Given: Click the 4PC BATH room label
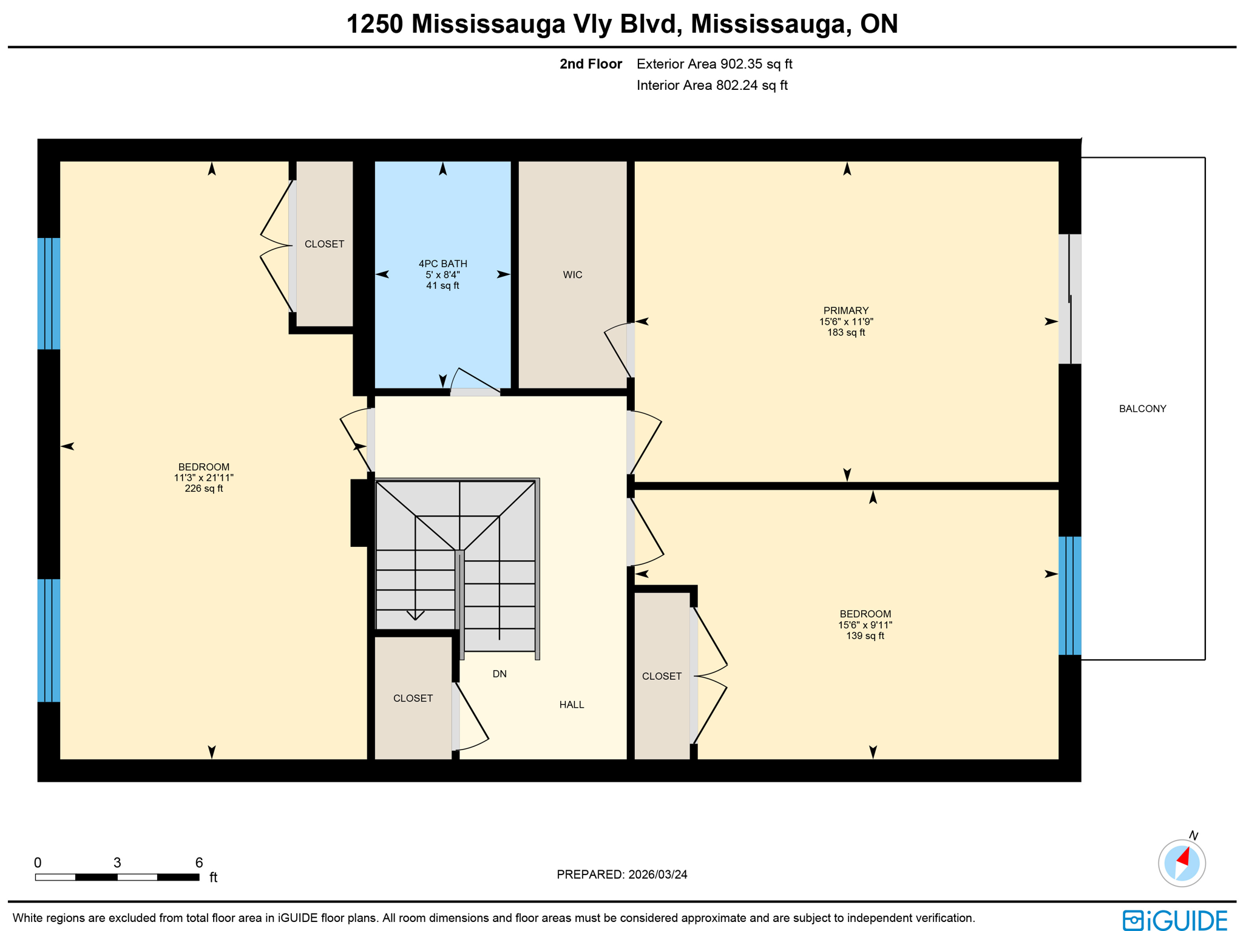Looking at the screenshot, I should tap(442, 263).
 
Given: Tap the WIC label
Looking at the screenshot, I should tap(572, 275).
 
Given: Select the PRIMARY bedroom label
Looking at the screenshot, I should tap(845, 310).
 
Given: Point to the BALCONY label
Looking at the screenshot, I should tap(1142, 408).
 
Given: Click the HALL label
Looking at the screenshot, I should tap(571, 705).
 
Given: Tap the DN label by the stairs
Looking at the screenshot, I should tap(499, 674).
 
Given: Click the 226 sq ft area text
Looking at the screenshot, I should tap(204, 489).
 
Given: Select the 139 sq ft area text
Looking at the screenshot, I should tap(865, 636).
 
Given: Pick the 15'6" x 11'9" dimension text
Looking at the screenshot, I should tap(845, 322).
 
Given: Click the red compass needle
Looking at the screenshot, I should tap(1183, 856).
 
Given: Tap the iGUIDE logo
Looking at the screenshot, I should tap(1175, 920).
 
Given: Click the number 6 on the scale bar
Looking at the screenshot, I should tap(199, 862).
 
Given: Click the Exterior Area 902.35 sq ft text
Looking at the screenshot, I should tap(714, 64).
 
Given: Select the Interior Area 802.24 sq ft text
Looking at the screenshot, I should tap(712, 86).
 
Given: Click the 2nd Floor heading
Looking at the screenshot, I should tap(591, 64).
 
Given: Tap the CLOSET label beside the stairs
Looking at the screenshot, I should tap(413, 699).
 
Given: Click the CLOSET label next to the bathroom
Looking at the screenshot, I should tap(324, 244).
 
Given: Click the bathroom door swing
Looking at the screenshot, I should tap(473, 381).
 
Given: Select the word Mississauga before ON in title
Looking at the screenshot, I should tap(767, 24).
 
